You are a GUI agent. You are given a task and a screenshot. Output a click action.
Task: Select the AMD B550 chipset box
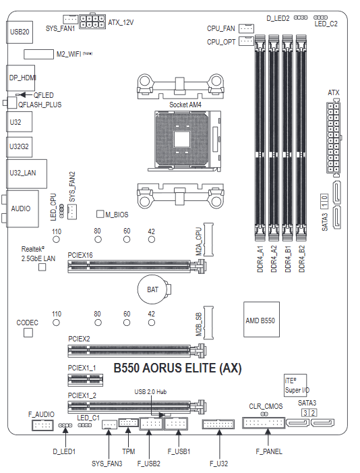tap(262, 319)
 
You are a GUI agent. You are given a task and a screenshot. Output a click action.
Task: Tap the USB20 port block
tap(20, 32)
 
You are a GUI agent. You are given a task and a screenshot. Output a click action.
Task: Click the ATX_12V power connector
tap(92, 21)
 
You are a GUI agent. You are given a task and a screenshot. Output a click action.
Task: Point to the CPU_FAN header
tap(246, 28)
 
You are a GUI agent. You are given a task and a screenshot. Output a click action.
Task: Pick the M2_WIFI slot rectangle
tap(38, 54)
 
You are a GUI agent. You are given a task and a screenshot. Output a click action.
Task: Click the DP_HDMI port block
tap(20, 78)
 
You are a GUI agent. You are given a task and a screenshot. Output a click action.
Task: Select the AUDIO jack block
tap(22, 208)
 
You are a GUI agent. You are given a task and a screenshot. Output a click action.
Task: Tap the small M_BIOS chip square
tap(100, 214)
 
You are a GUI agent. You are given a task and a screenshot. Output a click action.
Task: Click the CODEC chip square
tap(28, 333)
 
